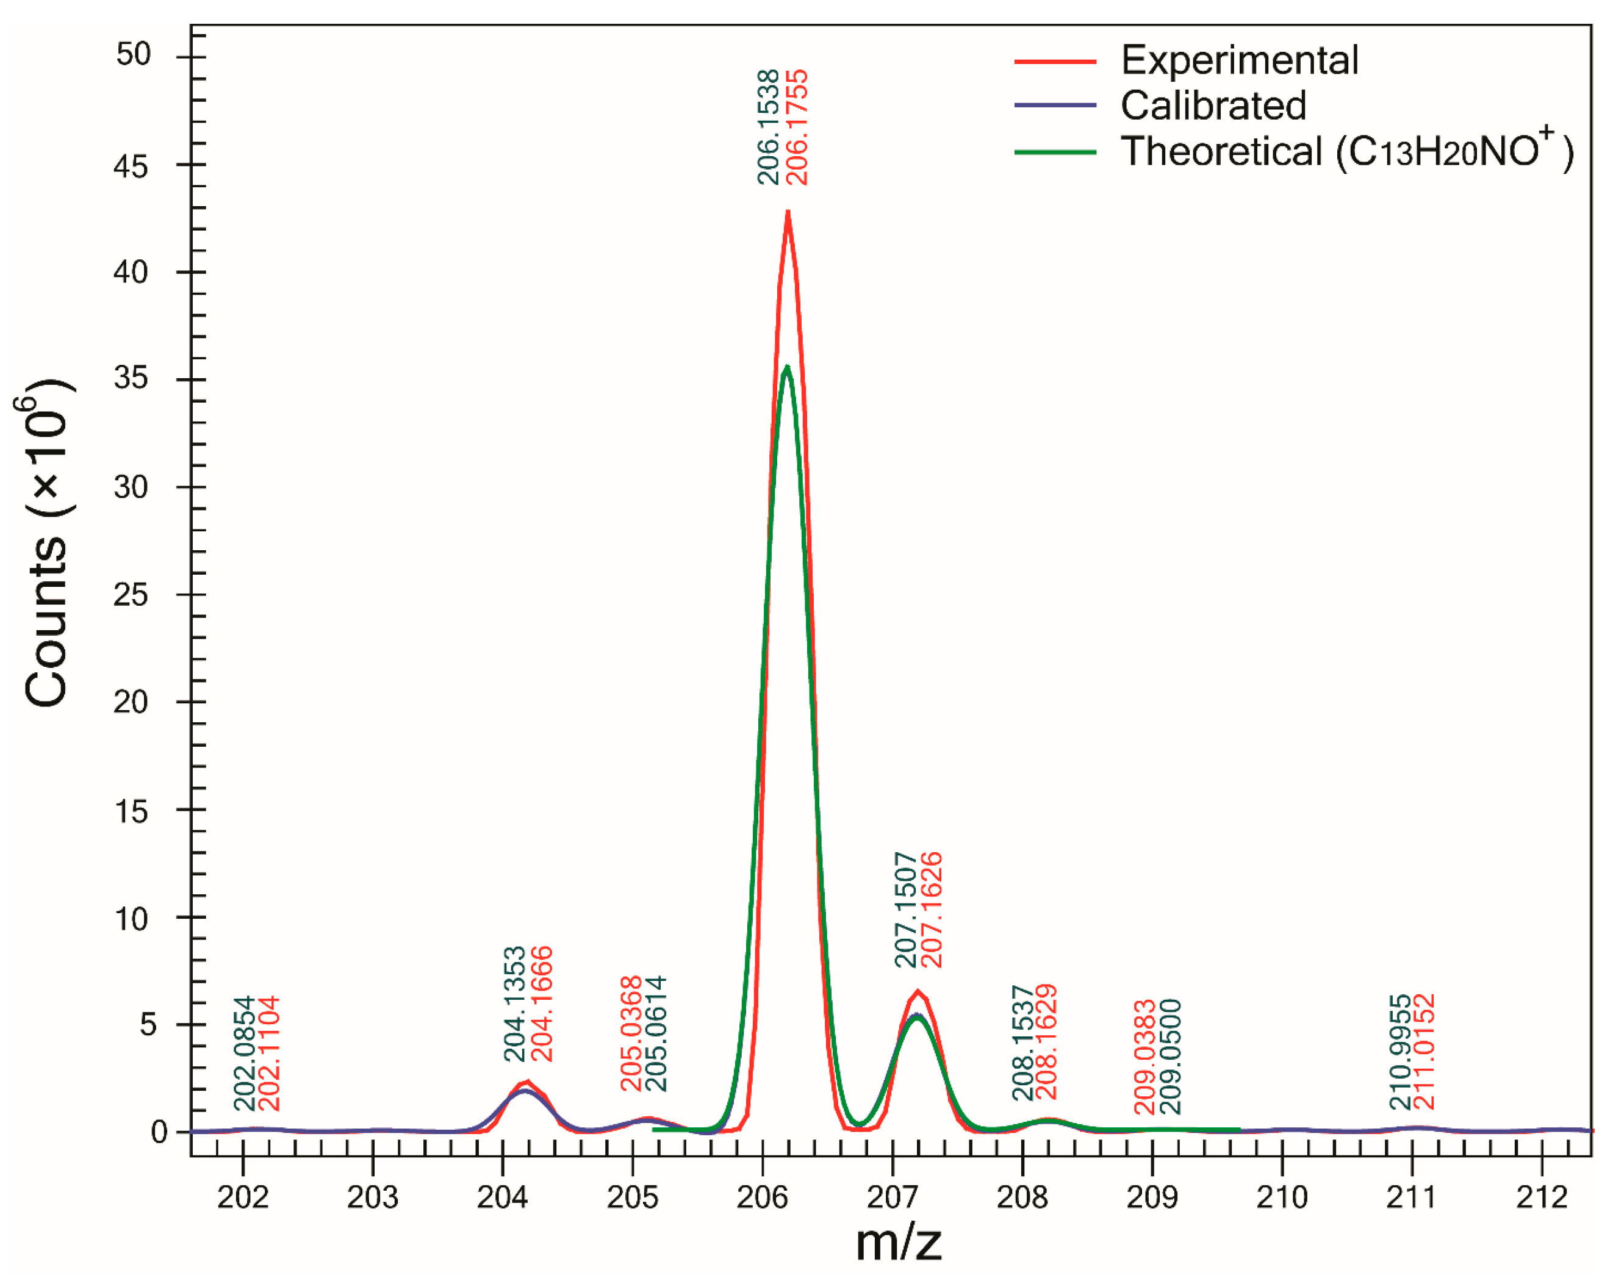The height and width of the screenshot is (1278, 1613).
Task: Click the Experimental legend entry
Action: [x=1239, y=60]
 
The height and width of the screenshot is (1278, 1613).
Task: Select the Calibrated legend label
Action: [x=1213, y=106]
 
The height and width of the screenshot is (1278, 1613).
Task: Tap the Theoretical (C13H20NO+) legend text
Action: [x=1346, y=151]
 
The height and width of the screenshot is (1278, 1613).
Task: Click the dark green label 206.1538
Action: [x=768, y=127]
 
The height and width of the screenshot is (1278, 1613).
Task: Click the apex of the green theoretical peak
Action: [x=787, y=367]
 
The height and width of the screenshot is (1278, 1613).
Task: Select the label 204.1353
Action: [x=515, y=1004]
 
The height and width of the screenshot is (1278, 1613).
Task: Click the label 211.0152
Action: [x=1424, y=1051]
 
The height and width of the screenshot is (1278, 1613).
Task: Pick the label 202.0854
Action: [x=244, y=1054]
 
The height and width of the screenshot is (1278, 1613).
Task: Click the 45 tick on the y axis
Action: [x=131, y=166]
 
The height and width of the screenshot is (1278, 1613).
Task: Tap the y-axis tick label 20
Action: [x=131, y=702]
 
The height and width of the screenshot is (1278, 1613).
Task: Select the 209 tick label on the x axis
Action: [x=1152, y=1197]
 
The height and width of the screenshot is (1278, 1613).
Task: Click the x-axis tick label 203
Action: [x=373, y=1197]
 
